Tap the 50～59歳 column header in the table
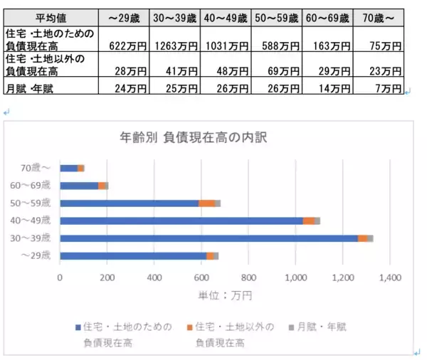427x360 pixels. click(x=278, y=16)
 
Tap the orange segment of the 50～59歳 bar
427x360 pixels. click(x=207, y=203)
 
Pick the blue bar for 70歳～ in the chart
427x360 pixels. click(x=68, y=168)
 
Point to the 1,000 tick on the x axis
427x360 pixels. click(x=295, y=277)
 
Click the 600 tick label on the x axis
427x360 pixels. click(x=201, y=277)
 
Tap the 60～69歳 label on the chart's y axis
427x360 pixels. click(x=36, y=186)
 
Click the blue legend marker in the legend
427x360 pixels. click(x=78, y=327)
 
